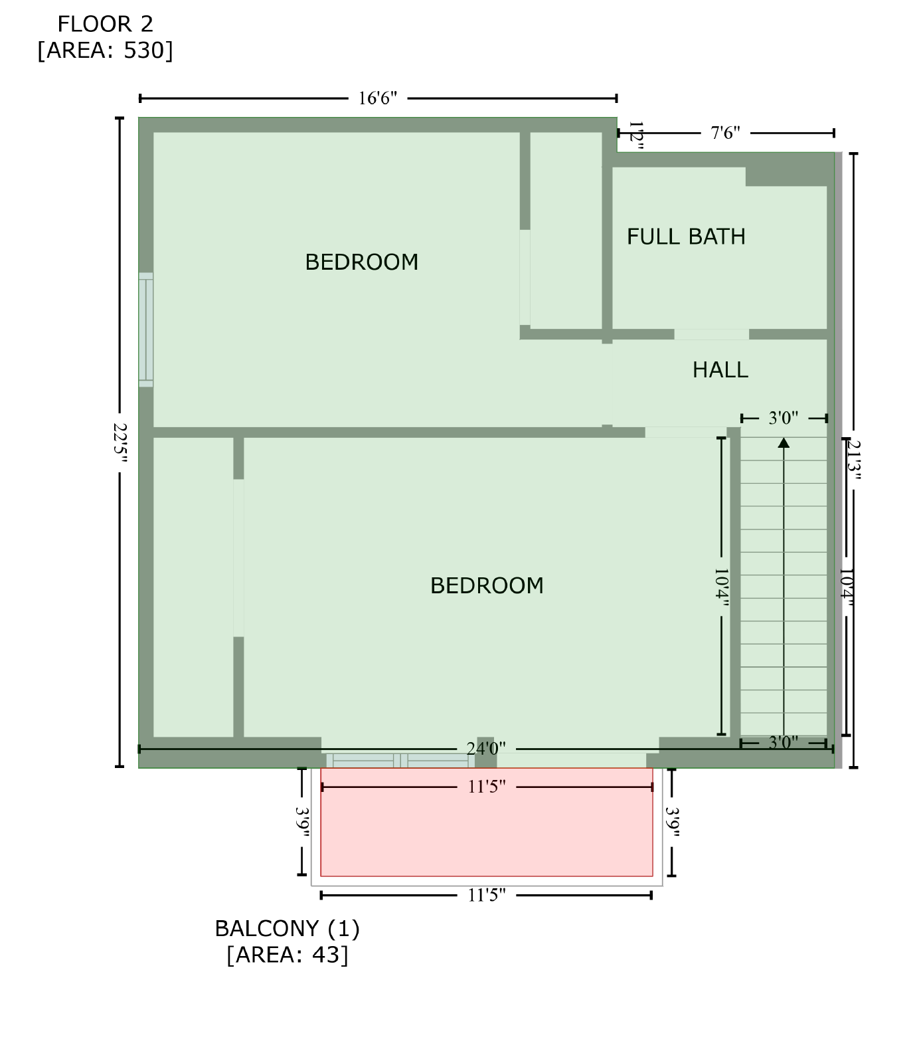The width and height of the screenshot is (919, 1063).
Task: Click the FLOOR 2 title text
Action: pos(106,24)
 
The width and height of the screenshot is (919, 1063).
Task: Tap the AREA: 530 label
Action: pos(106,50)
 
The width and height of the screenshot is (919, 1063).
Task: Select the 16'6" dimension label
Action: pos(378,98)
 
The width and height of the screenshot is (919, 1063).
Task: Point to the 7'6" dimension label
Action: pos(726,133)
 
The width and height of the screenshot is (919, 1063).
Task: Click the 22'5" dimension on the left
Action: pos(120,442)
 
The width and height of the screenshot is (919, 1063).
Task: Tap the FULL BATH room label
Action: pos(687,237)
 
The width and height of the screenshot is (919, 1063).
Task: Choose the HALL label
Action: pos(720,369)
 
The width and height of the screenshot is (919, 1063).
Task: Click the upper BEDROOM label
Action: pos(362,262)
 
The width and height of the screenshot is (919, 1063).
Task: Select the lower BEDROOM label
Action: pos(487,585)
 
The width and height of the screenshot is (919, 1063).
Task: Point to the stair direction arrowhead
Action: pos(784,442)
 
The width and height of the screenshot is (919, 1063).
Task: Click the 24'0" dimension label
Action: pos(487,749)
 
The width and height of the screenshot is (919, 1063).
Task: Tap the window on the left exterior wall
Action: pos(146,330)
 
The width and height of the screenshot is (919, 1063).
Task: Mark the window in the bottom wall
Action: pos(400,761)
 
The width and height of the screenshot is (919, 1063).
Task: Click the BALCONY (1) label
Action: pos(288,928)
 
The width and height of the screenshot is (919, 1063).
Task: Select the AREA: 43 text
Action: pos(288,955)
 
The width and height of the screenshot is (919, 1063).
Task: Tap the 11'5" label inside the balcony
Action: pos(487,787)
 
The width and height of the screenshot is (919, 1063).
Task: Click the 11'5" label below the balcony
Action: pos(487,896)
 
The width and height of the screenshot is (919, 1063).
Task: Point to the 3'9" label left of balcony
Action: pos(303,822)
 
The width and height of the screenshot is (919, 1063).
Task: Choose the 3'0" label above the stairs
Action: pos(784,418)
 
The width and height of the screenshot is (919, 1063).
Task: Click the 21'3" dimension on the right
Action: pos(855,460)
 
